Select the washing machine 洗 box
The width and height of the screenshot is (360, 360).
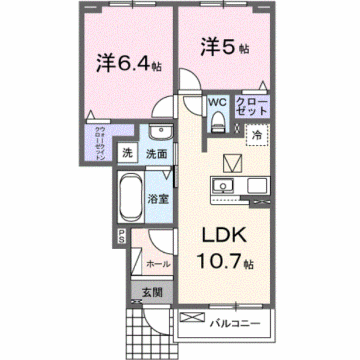tap(127, 154)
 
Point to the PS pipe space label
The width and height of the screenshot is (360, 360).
tap(122, 237)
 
